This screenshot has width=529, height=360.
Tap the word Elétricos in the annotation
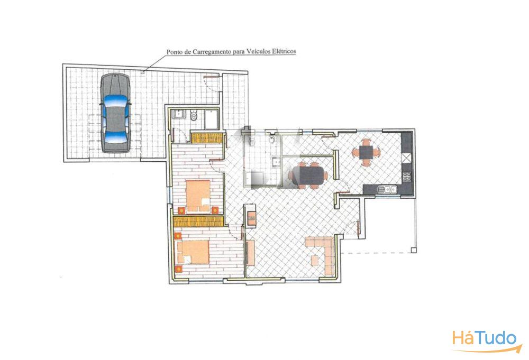(x=285, y=51)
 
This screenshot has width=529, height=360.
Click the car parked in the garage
(x=115, y=113)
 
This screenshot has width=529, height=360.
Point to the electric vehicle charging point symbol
(x=143, y=71)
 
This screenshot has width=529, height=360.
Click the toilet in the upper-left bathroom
(x=194, y=116)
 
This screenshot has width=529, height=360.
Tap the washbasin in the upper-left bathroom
(x=178, y=114)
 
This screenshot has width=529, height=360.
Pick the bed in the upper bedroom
(x=198, y=196)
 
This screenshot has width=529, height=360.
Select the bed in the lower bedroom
(x=193, y=252)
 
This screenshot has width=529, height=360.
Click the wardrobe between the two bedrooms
(x=198, y=221)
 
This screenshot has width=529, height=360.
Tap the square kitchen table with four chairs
(x=366, y=152)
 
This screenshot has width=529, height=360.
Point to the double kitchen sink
(x=388, y=189)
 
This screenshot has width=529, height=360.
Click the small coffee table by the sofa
(x=315, y=260)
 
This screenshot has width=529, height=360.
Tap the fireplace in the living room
(x=251, y=216)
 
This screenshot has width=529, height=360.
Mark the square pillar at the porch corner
(x=414, y=250)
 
